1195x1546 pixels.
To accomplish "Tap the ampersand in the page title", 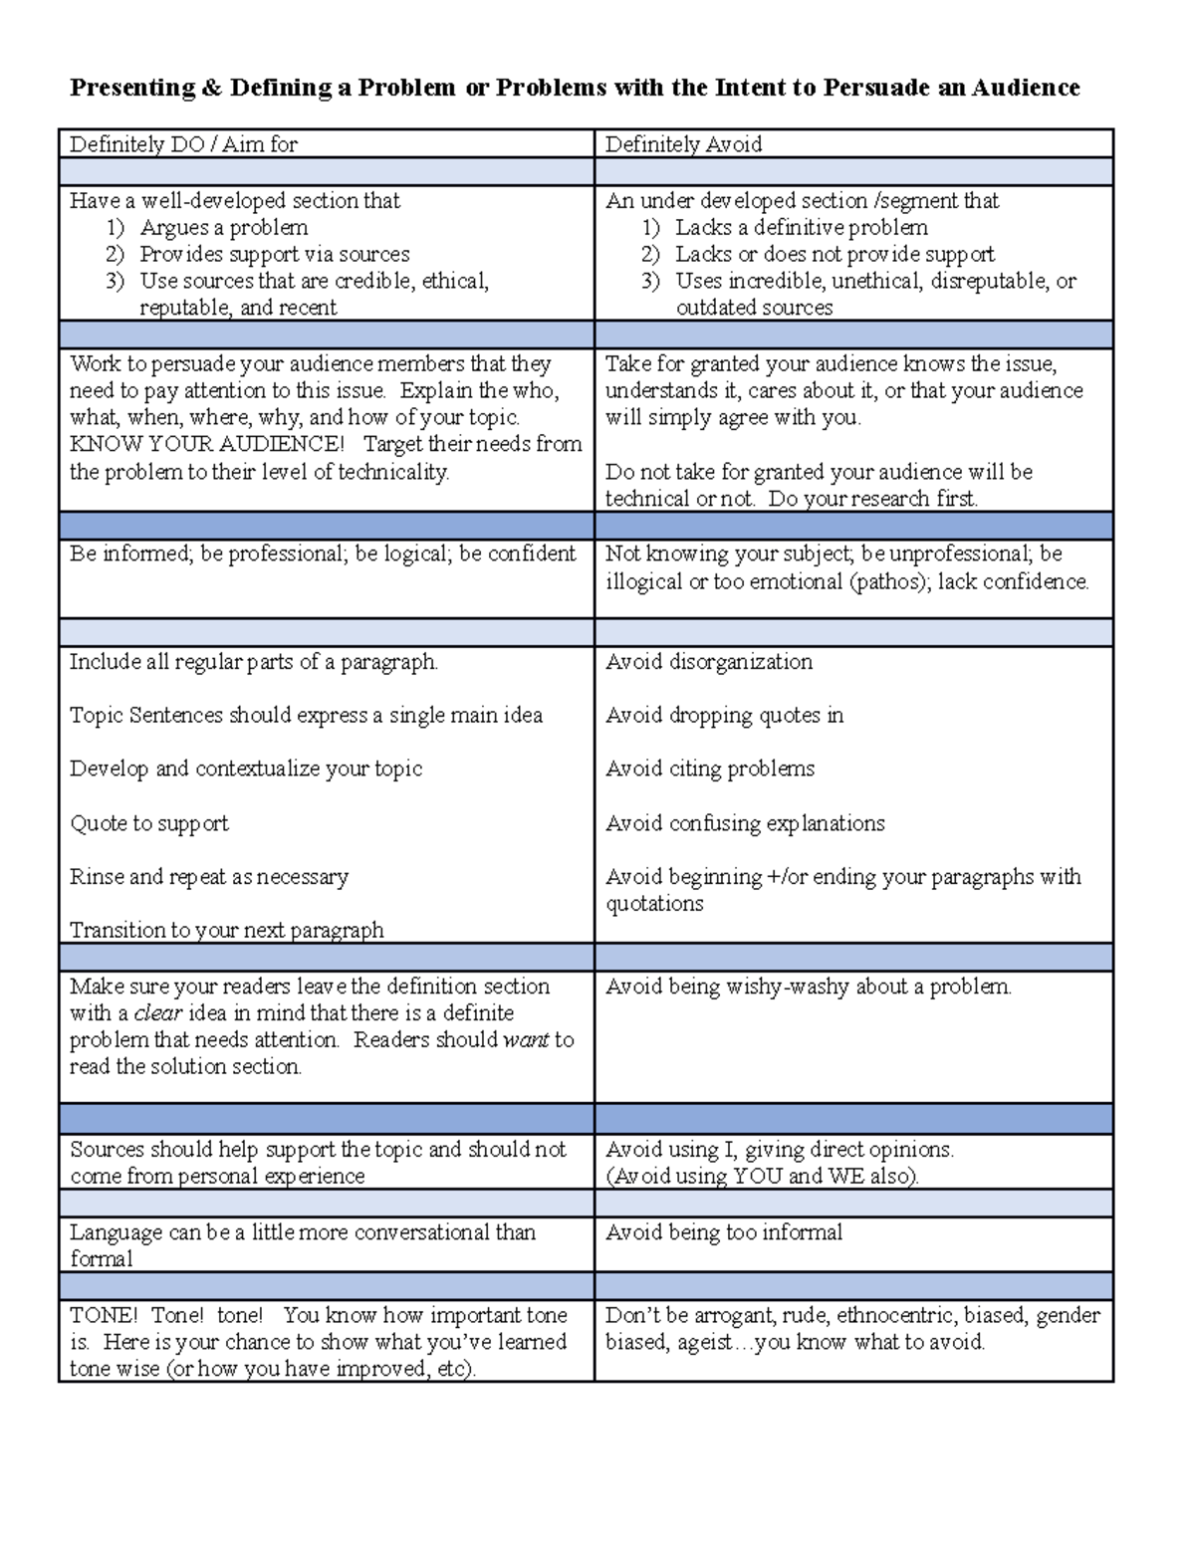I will pos(213,88).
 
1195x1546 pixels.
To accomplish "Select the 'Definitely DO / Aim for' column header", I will pos(183,144).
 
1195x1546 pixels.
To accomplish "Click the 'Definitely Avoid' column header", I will pos(683,144).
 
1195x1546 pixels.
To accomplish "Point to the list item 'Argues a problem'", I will pos(223,227).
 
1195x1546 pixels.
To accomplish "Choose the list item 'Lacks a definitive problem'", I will pos(801,227).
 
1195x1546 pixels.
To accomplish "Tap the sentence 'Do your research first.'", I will pos(873,499).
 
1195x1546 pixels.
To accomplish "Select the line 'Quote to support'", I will pos(149,823).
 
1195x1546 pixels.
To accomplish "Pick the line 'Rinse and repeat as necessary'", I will pos(209,877).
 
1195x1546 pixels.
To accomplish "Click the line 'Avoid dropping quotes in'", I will pos(724,716).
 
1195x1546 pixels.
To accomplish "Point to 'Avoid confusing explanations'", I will pos(745,823).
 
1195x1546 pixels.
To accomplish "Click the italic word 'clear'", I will pos(157,1013).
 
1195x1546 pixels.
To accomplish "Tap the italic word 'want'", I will pos(526,1040).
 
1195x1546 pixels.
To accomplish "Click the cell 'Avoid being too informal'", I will pos(724,1232).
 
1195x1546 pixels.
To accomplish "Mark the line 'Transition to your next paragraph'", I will pos(227,930).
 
